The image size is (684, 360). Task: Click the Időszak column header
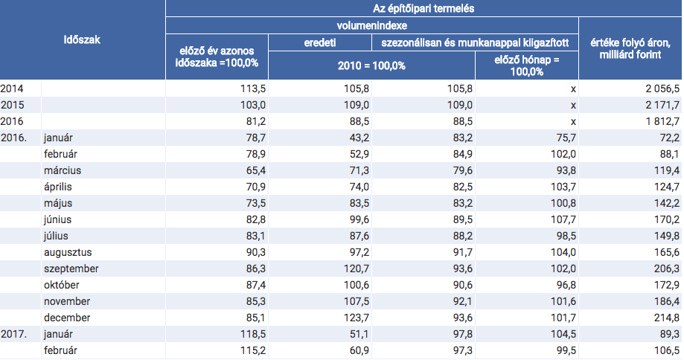click(82, 40)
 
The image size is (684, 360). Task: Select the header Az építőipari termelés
click(423, 8)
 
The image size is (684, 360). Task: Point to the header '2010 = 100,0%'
click(371, 65)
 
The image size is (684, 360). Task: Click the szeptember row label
click(71, 269)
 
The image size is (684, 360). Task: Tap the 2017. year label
click(14, 334)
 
